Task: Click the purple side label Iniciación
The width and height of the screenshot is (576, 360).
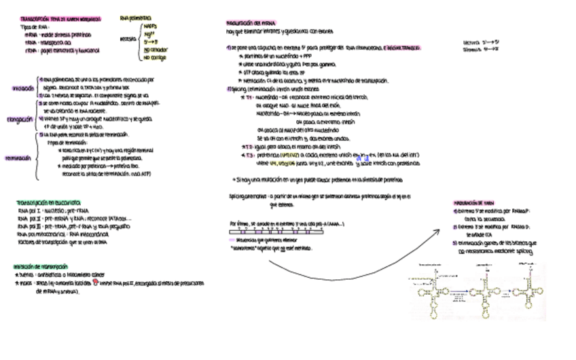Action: point(22,88)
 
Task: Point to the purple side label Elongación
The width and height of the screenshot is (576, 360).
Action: point(21,120)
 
